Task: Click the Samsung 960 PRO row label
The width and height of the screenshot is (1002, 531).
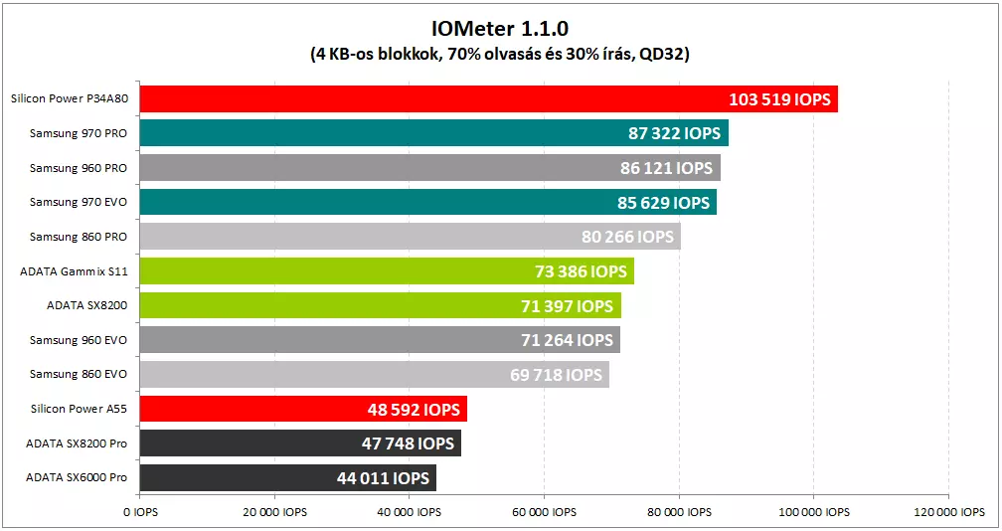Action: [79, 167]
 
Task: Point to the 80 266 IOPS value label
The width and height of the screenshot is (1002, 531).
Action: [627, 237]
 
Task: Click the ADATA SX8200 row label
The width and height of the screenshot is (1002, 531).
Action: [86, 306]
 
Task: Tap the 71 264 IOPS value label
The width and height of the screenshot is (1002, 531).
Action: [567, 340]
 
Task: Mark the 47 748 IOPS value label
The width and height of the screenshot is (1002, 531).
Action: [408, 443]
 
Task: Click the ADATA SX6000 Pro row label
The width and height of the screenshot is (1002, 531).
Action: [77, 478]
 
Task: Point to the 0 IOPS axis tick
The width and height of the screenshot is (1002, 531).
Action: [140, 512]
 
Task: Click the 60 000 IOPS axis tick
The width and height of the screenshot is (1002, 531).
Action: [544, 512]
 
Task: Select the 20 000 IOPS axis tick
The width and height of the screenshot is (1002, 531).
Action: [274, 512]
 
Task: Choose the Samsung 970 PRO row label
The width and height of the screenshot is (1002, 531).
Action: [79, 133]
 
